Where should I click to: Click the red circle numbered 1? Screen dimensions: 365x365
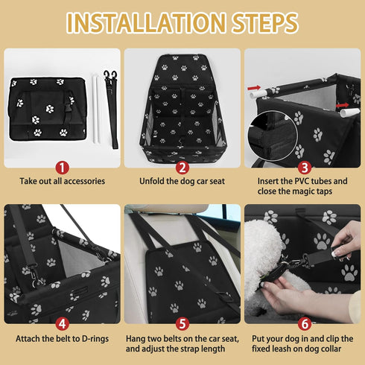(x=62, y=168)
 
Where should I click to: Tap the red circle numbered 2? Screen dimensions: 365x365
(x=182, y=168)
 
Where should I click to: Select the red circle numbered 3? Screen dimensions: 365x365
(x=305, y=168)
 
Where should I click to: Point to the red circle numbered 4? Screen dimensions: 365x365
(x=62, y=324)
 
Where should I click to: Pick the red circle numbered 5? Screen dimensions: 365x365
(x=182, y=324)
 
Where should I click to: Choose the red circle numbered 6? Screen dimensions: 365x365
(x=305, y=324)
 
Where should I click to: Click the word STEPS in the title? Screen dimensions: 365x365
(x=265, y=22)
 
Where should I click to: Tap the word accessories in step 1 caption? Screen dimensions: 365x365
(x=83, y=181)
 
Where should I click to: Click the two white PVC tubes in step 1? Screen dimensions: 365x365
(x=96, y=108)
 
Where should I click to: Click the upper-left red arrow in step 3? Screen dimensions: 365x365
(x=254, y=88)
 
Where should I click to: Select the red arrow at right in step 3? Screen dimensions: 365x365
(x=343, y=105)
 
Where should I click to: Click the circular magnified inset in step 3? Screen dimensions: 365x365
(x=273, y=136)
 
